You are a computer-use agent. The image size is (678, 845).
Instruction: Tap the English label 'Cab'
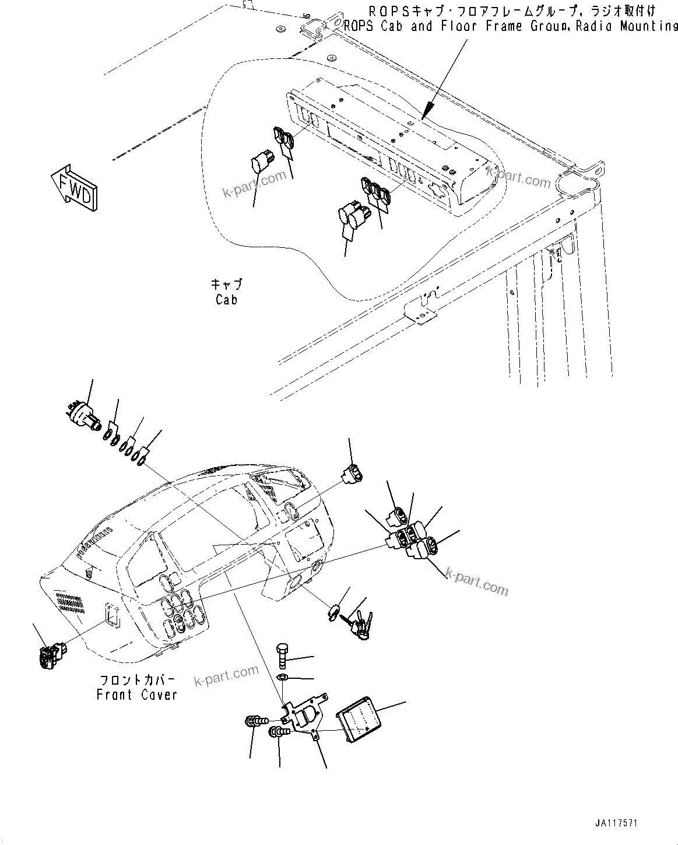click(226, 300)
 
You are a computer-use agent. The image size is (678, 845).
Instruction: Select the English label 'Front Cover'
click(136, 695)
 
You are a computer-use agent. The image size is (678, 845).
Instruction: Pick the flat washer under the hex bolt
click(282, 677)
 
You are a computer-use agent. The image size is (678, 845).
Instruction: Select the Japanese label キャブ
click(226, 285)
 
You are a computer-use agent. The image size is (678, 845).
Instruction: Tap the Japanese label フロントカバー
click(136, 681)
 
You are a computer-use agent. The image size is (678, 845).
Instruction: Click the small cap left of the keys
click(333, 612)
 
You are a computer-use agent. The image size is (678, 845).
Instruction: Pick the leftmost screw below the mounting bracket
click(255, 723)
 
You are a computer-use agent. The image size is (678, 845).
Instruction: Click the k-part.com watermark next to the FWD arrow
click(255, 184)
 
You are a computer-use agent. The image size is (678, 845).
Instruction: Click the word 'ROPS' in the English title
click(357, 27)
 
